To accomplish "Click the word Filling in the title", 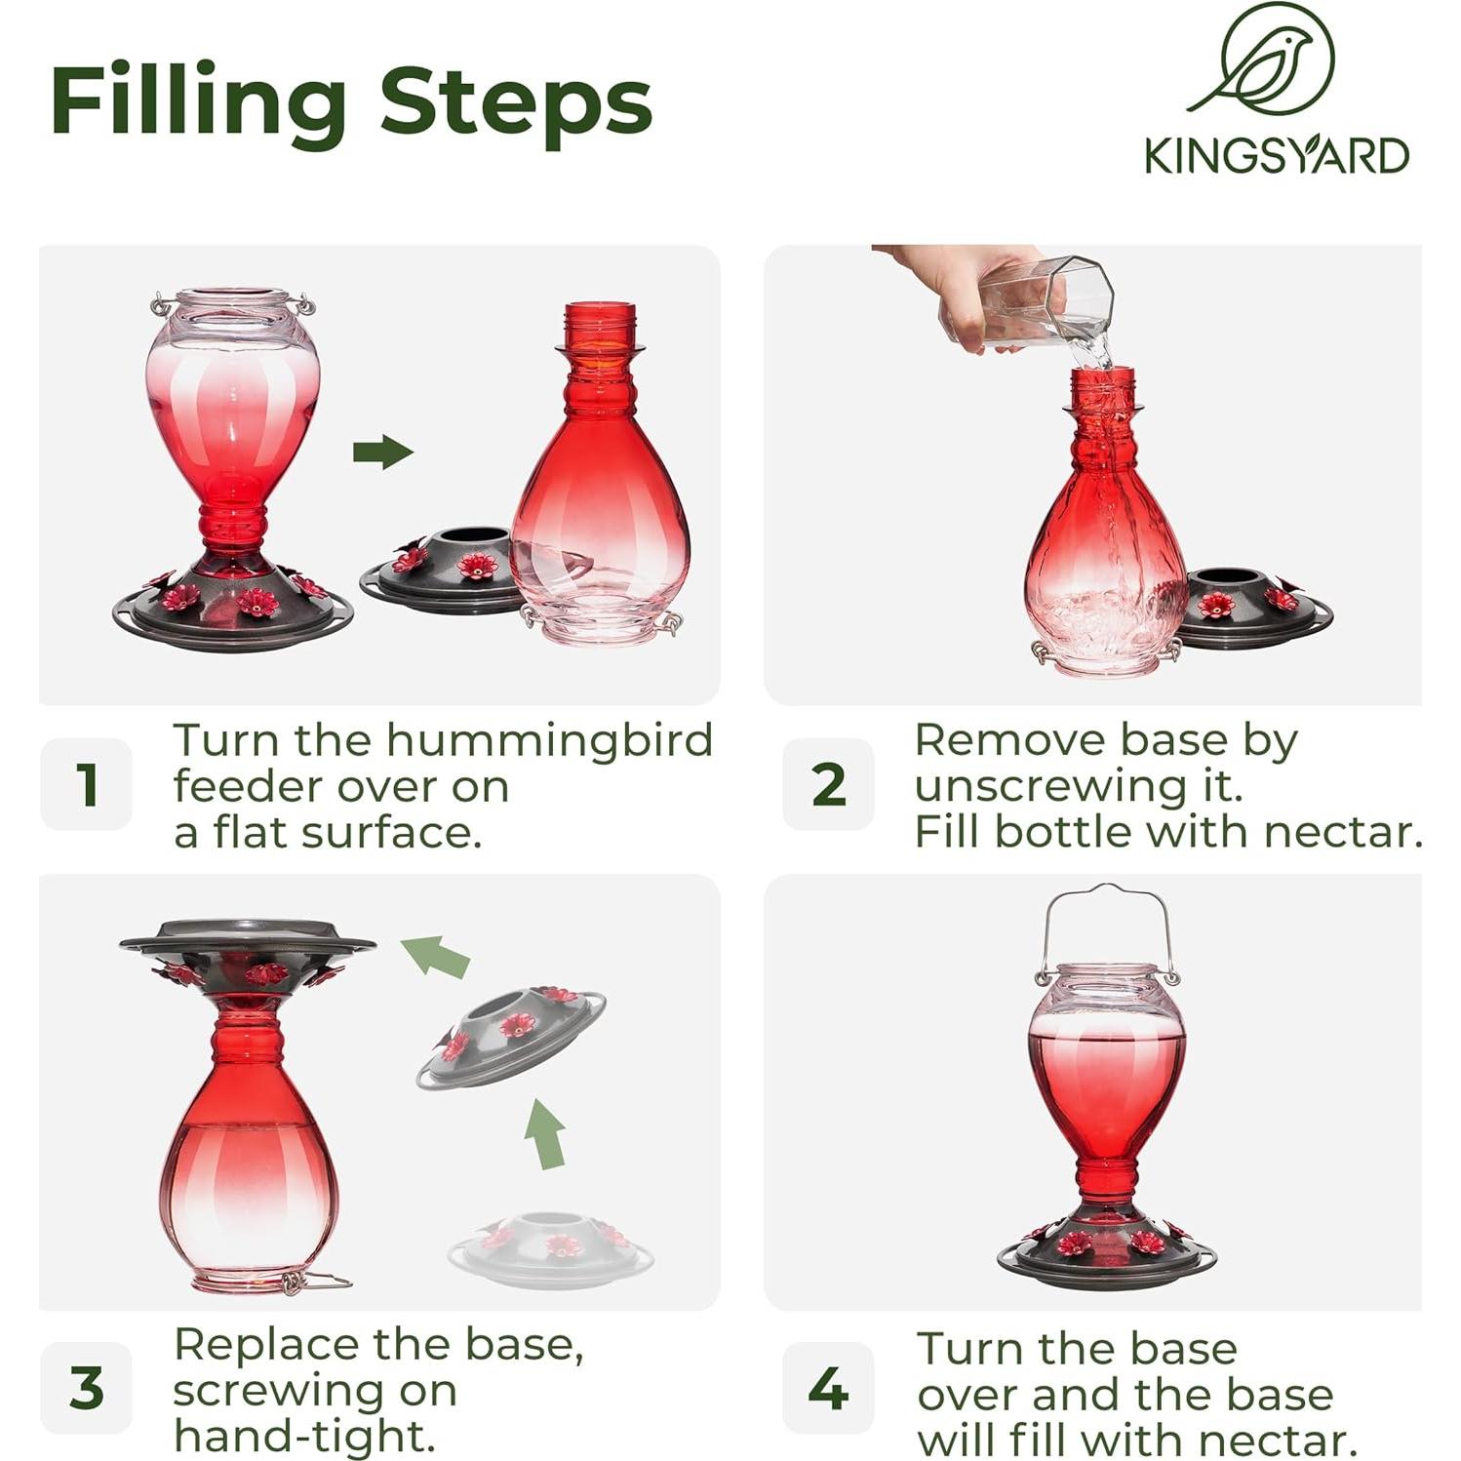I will click(x=198, y=102).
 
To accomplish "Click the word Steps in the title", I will click(x=515, y=102).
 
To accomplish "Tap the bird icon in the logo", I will click(x=1266, y=60).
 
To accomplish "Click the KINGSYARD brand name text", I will click(x=1276, y=156).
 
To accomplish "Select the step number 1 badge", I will click(x=87, y=784).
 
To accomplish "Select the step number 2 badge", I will click(x=828, y=784).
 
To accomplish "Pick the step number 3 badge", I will click(x=87, y=1387).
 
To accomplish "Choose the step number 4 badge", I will click(x=828, y=1387).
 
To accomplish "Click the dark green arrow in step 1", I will click(x=383, y=452).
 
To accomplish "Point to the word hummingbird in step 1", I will click(x=549, y=740).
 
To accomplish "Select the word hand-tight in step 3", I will click(x=303, y=1435).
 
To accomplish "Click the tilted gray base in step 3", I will click(x=511, y=1036).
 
